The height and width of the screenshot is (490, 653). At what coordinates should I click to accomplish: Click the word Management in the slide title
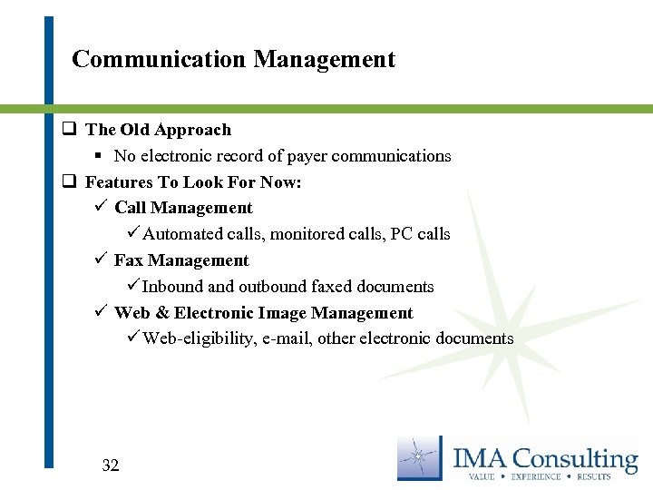325,60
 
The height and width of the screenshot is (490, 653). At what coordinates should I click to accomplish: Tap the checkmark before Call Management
100,208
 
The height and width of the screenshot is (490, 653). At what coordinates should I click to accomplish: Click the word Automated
183,234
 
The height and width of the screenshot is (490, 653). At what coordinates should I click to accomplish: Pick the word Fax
129,260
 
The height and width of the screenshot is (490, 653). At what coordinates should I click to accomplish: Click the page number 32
111,465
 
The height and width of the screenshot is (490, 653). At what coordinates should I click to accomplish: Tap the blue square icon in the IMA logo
420,457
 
